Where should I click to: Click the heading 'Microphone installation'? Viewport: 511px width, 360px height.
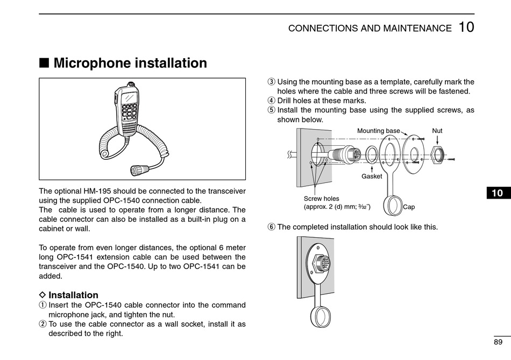[130, 63]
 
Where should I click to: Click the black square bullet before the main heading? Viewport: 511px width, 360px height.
[44, 63]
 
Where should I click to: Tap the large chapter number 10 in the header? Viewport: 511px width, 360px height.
[466, 27]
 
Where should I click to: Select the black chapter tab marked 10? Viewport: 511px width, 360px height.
[497, 193]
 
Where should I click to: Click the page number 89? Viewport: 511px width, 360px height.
[498, 342]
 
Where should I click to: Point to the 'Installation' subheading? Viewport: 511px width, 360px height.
[73, 295]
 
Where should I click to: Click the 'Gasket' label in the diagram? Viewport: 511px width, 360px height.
[372, 176]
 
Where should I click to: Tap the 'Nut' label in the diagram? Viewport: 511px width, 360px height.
[437, 131]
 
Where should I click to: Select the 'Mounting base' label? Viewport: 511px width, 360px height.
[378, 131]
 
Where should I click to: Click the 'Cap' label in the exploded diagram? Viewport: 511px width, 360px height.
[409, 207]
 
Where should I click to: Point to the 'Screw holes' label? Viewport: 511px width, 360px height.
[321, 199]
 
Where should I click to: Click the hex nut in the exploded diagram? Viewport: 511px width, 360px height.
[437, 155]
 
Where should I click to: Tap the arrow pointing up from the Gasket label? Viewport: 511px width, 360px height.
[372, 168]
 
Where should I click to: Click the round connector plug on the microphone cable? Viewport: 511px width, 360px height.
[138, 170]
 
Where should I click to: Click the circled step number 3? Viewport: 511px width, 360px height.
[271, 82]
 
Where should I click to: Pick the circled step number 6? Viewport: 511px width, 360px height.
[271, 227]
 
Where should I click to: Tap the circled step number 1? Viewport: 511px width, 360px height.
[42, 305]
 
